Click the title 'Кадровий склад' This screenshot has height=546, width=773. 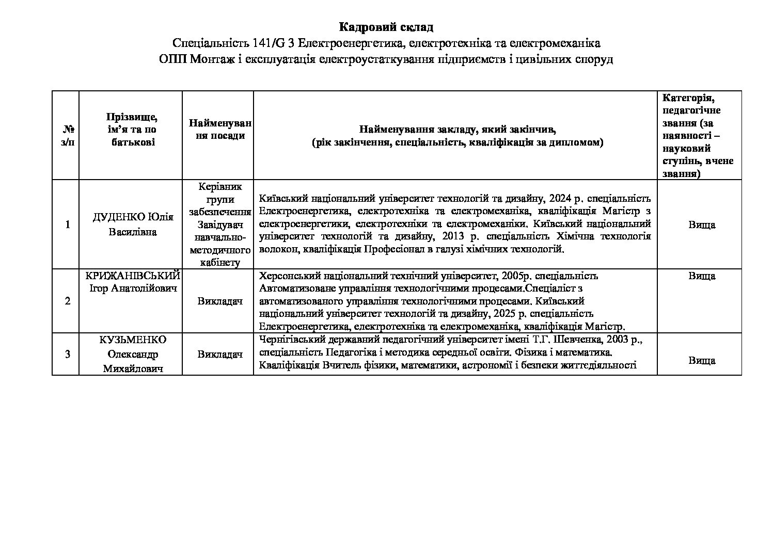[386, 27]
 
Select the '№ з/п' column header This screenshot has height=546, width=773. [68, 135]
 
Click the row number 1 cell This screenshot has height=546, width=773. [68, 224]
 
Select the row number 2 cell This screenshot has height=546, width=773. [68, 301]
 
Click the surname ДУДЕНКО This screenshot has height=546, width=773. [119, 217]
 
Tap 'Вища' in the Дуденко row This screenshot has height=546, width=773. [701, 224]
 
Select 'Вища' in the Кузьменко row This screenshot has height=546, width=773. [701, 360]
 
